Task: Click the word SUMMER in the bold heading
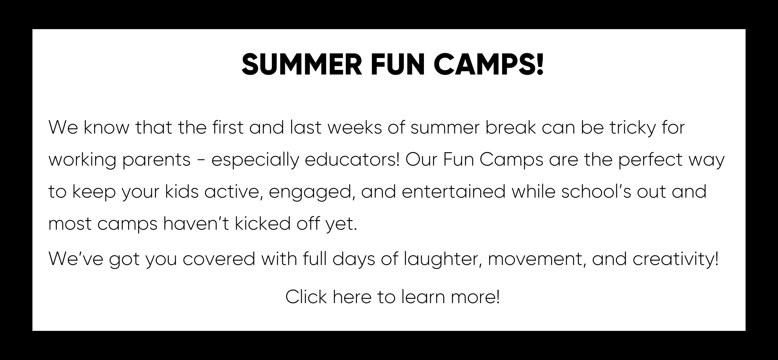(x=302, y=64)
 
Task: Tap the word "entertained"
(x=453, y=192)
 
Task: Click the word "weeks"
(x=354, y=128)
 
